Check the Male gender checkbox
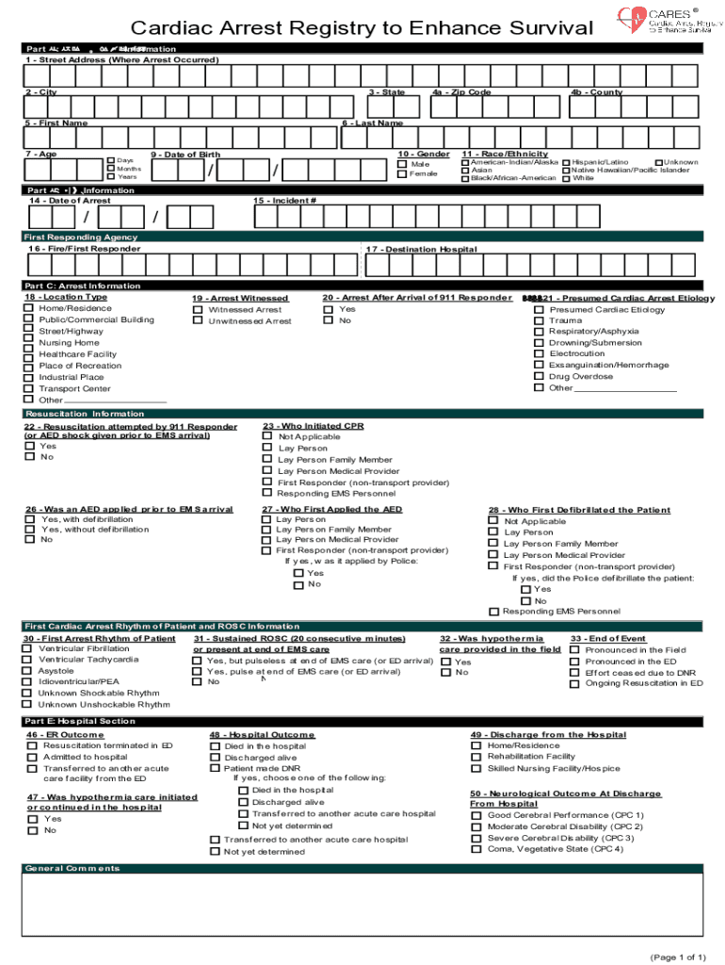pyautogui.click(x=402, y=164)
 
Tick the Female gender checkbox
pyautogui.click(x=402, y=174)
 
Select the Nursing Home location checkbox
pyautogui.click(x=29, y=343)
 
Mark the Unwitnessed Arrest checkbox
pyautogui.click(x=198, y=320)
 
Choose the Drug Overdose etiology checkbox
pyautogui.click(x=539, y=377)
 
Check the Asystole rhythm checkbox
pyautogui.click(x=27, y=671)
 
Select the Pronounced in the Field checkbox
pyautogui.click(x=574, y=650)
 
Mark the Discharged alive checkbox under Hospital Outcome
pyautogui.click(x=214, y=758)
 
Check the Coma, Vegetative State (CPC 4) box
pyautogui.click(x=476, y=849)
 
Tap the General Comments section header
pyautogui.click(x=72, y=868)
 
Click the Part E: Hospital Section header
pyautogui.click(x=80, y=721)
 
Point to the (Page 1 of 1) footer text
pyautogui.click(x=677, y=957)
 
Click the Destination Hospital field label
pyautogui.click(x=421, y=250)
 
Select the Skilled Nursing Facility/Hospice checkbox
pyautogui.click(x=476, y=768)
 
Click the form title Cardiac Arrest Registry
pyautogui.click(x=362, y=28)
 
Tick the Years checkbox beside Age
pyautogui.click(x=111, y=176)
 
